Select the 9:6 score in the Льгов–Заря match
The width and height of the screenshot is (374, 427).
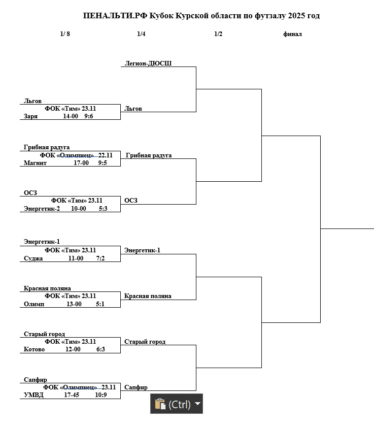coord(89,116)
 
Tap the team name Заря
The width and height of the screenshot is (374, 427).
coord(30,116)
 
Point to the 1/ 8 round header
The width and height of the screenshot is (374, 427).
coord(65,34)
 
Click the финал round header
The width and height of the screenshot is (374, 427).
coord(292,34)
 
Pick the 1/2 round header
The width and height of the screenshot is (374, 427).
coord(218,34)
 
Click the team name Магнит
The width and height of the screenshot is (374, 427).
coord(35,163)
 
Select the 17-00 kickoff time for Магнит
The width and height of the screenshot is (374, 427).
coord(81,163)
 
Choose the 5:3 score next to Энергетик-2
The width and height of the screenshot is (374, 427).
coord(103,208)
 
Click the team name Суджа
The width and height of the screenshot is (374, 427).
coord(33,258)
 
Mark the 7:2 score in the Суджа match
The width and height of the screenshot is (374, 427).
coord(100,258)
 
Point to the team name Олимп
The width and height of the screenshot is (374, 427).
coord(34,304)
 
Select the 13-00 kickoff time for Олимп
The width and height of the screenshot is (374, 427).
coord(74,304)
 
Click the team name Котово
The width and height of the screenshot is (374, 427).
coord(34,349)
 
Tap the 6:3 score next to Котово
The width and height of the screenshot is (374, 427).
coord(100,349)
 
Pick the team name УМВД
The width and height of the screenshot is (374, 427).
coord(33,395)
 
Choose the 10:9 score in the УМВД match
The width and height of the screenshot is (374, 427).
coord(100,395)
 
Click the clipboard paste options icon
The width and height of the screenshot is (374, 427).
coord(160,404)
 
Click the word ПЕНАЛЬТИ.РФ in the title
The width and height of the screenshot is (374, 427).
coord(115,16)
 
